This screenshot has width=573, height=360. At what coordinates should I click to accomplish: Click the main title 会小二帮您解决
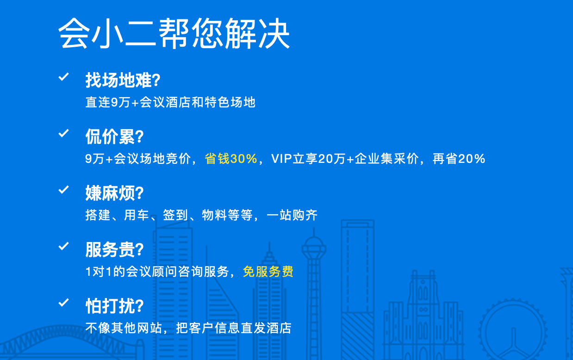click(174, 33)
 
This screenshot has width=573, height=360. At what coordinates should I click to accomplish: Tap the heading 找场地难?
click(123, 80)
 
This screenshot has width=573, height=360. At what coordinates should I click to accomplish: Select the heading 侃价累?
click(114, 137)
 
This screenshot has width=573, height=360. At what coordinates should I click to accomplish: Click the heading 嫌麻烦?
click(114, 193)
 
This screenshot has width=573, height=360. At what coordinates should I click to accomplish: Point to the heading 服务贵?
click(114, 249)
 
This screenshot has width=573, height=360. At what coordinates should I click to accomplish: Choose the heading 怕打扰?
click(114, 306)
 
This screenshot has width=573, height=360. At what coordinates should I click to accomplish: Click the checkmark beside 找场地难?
click(64, 77)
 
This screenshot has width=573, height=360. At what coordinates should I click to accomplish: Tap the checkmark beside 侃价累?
click(64, 133)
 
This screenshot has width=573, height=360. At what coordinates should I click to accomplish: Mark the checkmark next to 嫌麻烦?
click(64, 190)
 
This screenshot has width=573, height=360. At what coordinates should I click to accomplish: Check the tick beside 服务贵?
click(64, 246)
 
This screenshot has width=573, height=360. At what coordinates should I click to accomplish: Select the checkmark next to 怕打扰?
click(64, 303)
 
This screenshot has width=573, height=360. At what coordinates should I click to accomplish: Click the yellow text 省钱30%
click(231, 159)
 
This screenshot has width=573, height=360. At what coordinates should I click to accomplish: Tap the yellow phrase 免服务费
click(268, 272)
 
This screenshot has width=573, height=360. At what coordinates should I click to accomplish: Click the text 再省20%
click(459, 159)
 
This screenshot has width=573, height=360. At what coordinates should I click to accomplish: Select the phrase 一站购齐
click(292, 215)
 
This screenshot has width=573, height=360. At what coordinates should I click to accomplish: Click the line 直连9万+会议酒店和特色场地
click(170, 102)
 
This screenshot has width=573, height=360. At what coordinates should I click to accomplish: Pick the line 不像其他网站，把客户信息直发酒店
click(188, 328)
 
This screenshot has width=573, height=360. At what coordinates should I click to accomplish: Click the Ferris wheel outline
click(513, 330)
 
